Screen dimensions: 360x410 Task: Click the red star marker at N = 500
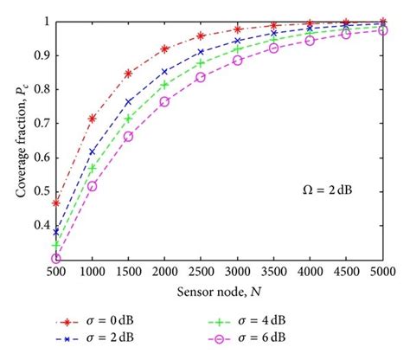tap(56, 202)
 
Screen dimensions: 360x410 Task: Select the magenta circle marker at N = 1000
tap(93, 186)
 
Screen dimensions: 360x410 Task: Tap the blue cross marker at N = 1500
tap(129, 101)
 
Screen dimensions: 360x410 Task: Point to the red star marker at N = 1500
tap(129, 73)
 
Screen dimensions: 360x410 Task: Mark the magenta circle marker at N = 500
tap(56, 258)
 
